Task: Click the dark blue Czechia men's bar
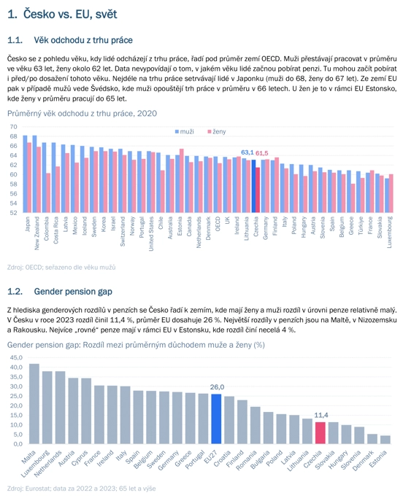(x=253, y=186)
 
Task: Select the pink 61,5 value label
(x=262, y=153)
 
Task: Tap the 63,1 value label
(x=247, y=152)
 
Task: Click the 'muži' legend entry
(x=184, y=131)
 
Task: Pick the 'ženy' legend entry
(x=217, y=131)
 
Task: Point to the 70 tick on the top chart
(x=13, y=127)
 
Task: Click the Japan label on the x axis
(x=27, y=225)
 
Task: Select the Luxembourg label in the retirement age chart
(x=390, y=232)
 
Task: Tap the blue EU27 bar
(x=216, y=419)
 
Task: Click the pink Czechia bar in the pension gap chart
(x=320, y=433)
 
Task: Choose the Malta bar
(x=34, y=404)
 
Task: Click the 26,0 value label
(x=217, y=387)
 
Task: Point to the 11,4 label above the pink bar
(x=321, y=415)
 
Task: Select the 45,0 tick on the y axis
(x=16, y=357)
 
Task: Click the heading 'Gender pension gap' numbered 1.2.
(x=60, y=292)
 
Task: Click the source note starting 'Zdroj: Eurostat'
(x=82, y=489)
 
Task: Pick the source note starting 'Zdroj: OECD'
(x=61, y=268)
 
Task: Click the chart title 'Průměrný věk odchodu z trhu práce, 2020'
(x=82, y=114)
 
